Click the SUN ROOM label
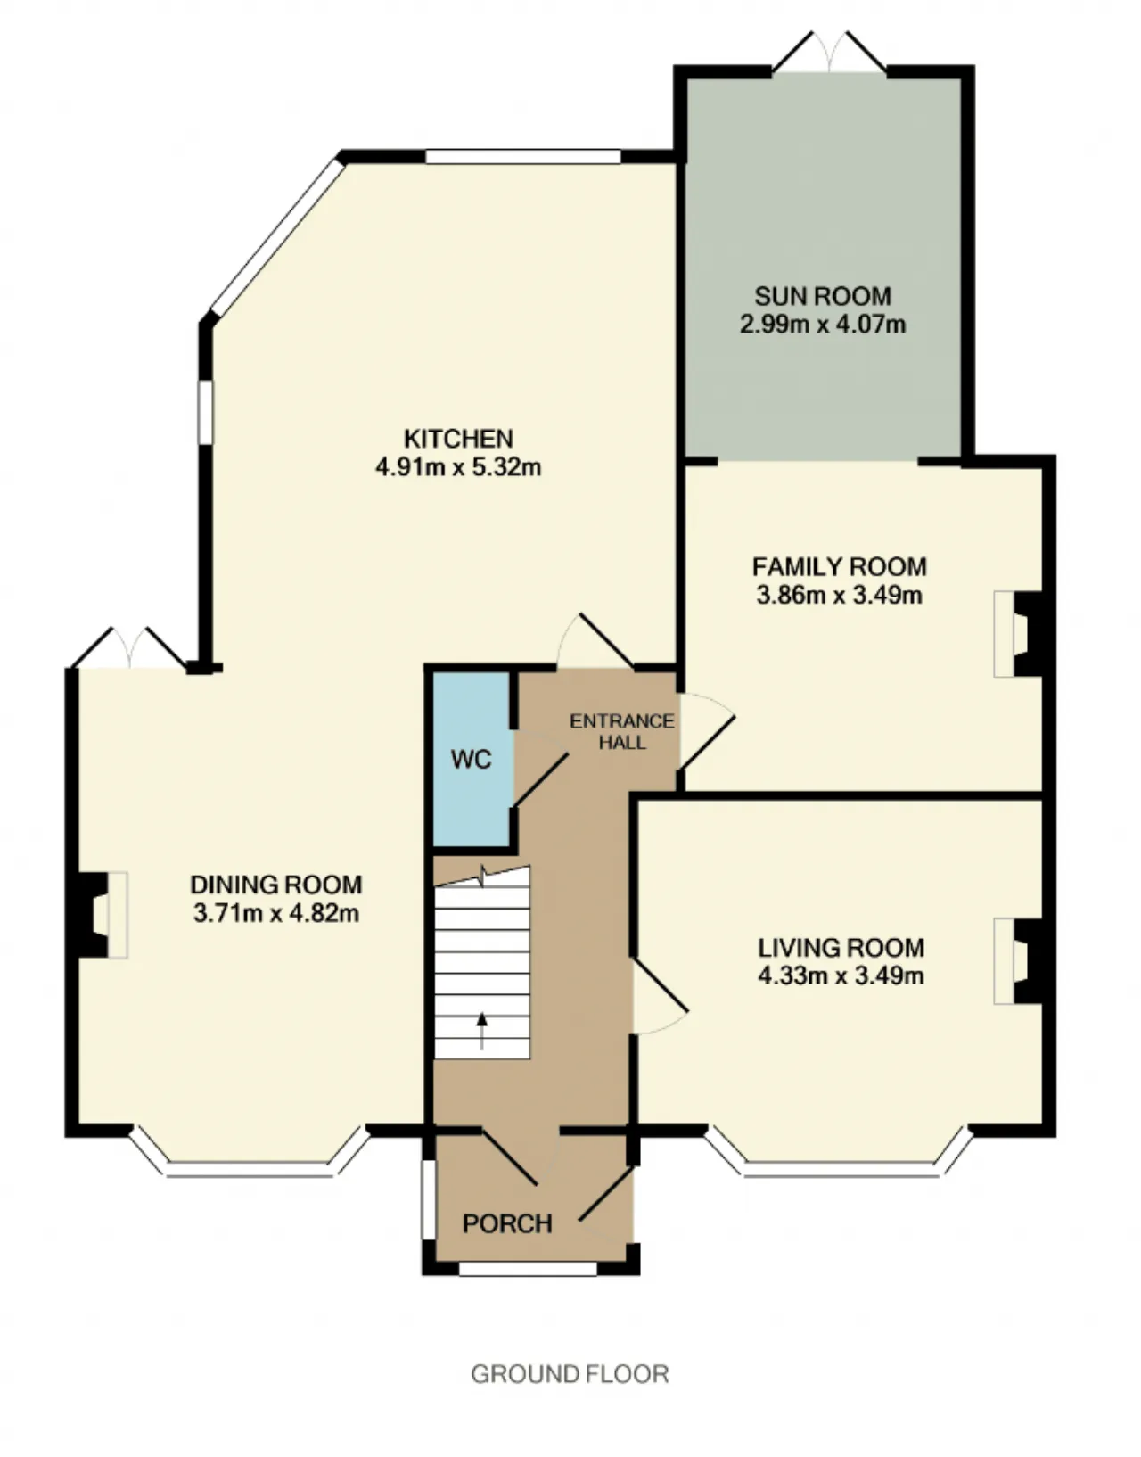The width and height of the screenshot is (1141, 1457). (x=823, y=296)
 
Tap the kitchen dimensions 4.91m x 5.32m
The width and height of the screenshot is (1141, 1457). (x=458, y=466)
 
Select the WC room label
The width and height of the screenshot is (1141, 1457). (x=471, y=760)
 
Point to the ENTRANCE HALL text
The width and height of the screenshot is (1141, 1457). (x=621, y=731)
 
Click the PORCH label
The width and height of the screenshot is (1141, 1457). (x=507, y=1223)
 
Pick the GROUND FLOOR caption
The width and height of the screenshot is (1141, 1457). (x=570, y=1374)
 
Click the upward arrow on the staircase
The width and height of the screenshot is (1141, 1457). (x=481, y=1031)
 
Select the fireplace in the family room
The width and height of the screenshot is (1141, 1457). (x=1018, y=634)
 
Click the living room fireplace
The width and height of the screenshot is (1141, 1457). (x=1018, y=961)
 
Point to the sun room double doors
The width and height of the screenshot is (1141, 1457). (x=829, y=53)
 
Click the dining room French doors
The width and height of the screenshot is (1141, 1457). (x=130, y=647)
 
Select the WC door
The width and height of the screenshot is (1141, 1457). (x=540, y=769)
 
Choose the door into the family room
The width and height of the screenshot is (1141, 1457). (x=708, y=731)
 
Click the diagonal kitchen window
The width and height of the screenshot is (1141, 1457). (x=276, y=236)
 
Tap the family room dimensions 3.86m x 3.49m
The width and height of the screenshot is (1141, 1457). (x=839, y=595)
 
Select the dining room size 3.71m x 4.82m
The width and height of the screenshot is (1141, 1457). (x=276, y=913)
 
